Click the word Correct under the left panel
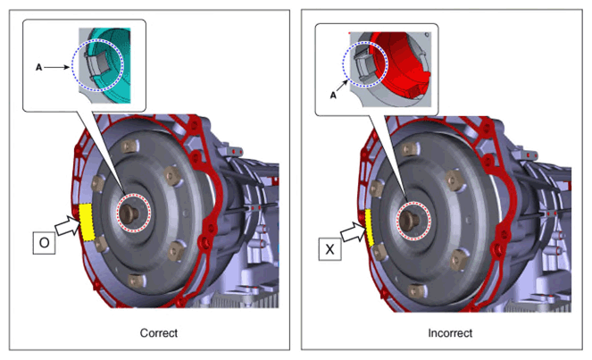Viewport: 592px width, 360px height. point(159,333)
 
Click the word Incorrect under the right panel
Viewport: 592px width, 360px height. point(450,333)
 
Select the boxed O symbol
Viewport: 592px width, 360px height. point(44,242)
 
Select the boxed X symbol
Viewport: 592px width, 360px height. point(329,249)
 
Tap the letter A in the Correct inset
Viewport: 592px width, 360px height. point(38,67)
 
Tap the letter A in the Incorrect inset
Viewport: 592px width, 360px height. point(333,96)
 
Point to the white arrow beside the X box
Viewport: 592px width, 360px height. point(354,232)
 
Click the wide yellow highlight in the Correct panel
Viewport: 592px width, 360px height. point(88,222)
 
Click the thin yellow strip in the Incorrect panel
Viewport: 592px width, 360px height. point(370,228)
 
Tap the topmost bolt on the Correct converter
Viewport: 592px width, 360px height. point(129,146)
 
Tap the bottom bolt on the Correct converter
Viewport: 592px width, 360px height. point(136,281)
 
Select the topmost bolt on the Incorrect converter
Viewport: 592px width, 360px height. point(409,149)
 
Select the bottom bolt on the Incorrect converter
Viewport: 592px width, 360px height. point(416,291)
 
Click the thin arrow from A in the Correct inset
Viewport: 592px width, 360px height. point(56,67)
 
